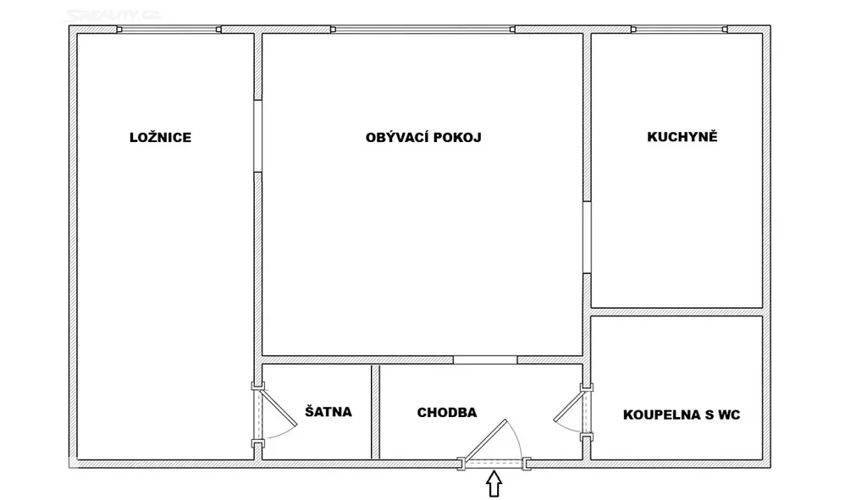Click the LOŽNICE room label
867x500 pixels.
pyautogui.click(x=160, y=137)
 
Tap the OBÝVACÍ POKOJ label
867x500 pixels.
pyautogui.click(x=423, y=137)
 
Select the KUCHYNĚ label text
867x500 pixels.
pyautogui.click(x=682, y=136)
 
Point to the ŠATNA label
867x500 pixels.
pyautogui.click(x=329, y=412)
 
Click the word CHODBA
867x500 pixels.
pyautogui.click(x=447, y=412)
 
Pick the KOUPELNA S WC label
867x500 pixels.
pyautogui.click(x=682, y=415)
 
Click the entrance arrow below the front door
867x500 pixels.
pyautogui.click(x=494, y=483)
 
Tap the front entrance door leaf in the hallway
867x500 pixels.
pyautogui.click(x=485, y=440)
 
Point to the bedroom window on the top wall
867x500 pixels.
pyautogui.click(x=168, y=30)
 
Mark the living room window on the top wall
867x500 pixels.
pyautogui.click(x=423, y=30)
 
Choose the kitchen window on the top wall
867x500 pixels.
pyautogui.click(x=679, y=30)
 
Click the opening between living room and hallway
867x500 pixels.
pyautogui.click(x=485, y=360)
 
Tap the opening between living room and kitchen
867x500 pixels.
pyautogui.click(x=587, y=237)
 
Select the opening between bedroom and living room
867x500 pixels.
pyautogui.click(x=257, y=136)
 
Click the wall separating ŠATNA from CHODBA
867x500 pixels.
pyautogui.click(x=375, y=412)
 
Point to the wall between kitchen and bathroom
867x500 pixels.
pyautogui.click(x=676, y=312)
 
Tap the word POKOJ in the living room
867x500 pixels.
pyautogui.click(x=457, y=137)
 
